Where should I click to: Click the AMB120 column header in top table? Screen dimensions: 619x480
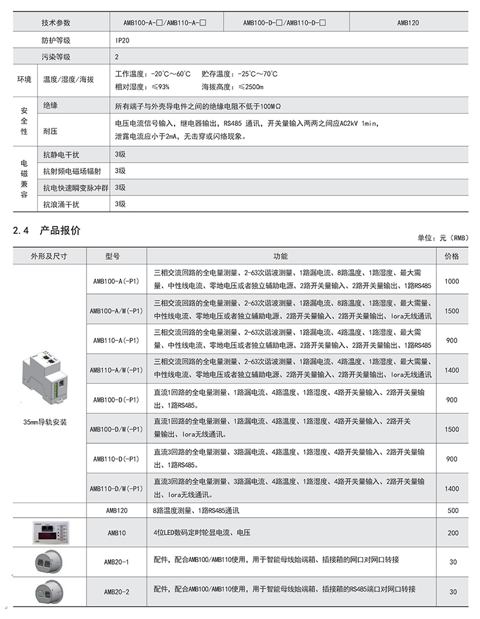coord(408,23)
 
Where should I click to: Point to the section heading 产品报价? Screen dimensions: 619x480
coord(60,230)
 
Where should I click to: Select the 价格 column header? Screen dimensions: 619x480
coord(452,256)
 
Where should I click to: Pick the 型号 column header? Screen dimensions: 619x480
coord(113,256)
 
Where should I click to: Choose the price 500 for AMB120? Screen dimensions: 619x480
coord(452,510)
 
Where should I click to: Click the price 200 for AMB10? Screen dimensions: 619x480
coord(452,532)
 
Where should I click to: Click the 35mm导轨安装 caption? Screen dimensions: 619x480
coord(44,422)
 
